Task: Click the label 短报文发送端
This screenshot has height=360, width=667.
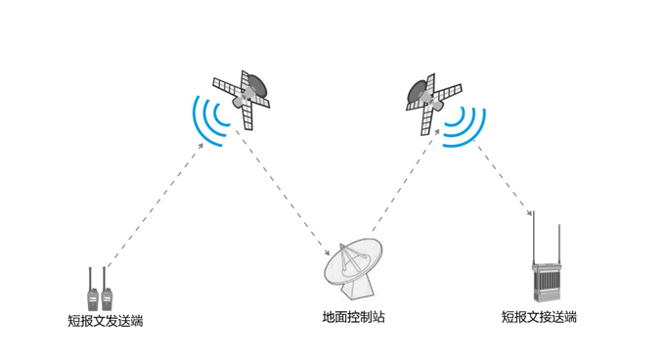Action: (x=105, y=321)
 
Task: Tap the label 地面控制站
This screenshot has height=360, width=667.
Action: (x=354, y=317)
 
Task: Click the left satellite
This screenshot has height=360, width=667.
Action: (x=243, y=95)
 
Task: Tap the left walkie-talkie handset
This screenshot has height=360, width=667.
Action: (x=92, y=290)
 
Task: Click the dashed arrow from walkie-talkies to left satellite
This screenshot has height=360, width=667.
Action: (x=154, y=203)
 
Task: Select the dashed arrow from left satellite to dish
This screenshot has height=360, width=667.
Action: (x=286, y=194)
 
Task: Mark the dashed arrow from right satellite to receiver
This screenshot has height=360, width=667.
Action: (x=505, y=177)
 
